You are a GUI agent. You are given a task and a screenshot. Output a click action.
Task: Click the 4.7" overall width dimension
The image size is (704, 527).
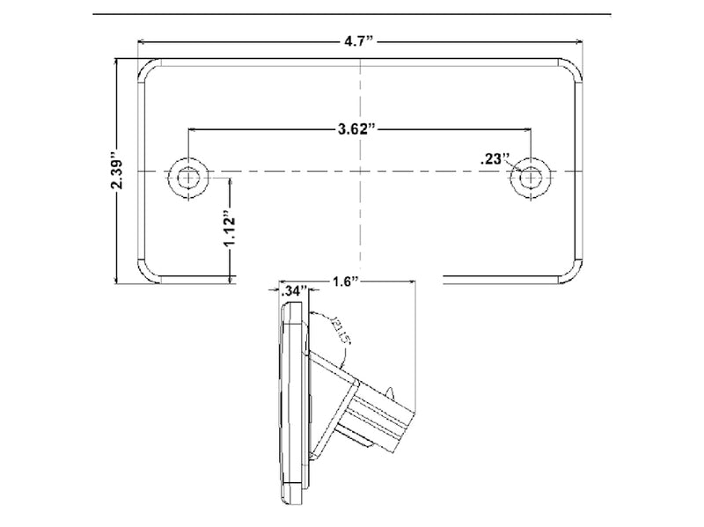[359, 41]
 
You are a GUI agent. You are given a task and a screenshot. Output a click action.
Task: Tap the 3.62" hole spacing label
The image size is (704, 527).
[359, 129]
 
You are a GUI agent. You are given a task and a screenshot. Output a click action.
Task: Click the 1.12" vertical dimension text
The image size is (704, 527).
[228, 231]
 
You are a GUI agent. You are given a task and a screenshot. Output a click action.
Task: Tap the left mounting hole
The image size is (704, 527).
[189, 176]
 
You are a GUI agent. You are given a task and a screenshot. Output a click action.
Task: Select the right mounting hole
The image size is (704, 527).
[530, 176]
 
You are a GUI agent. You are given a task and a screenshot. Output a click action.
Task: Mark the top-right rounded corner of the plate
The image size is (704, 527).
[573, 70]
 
